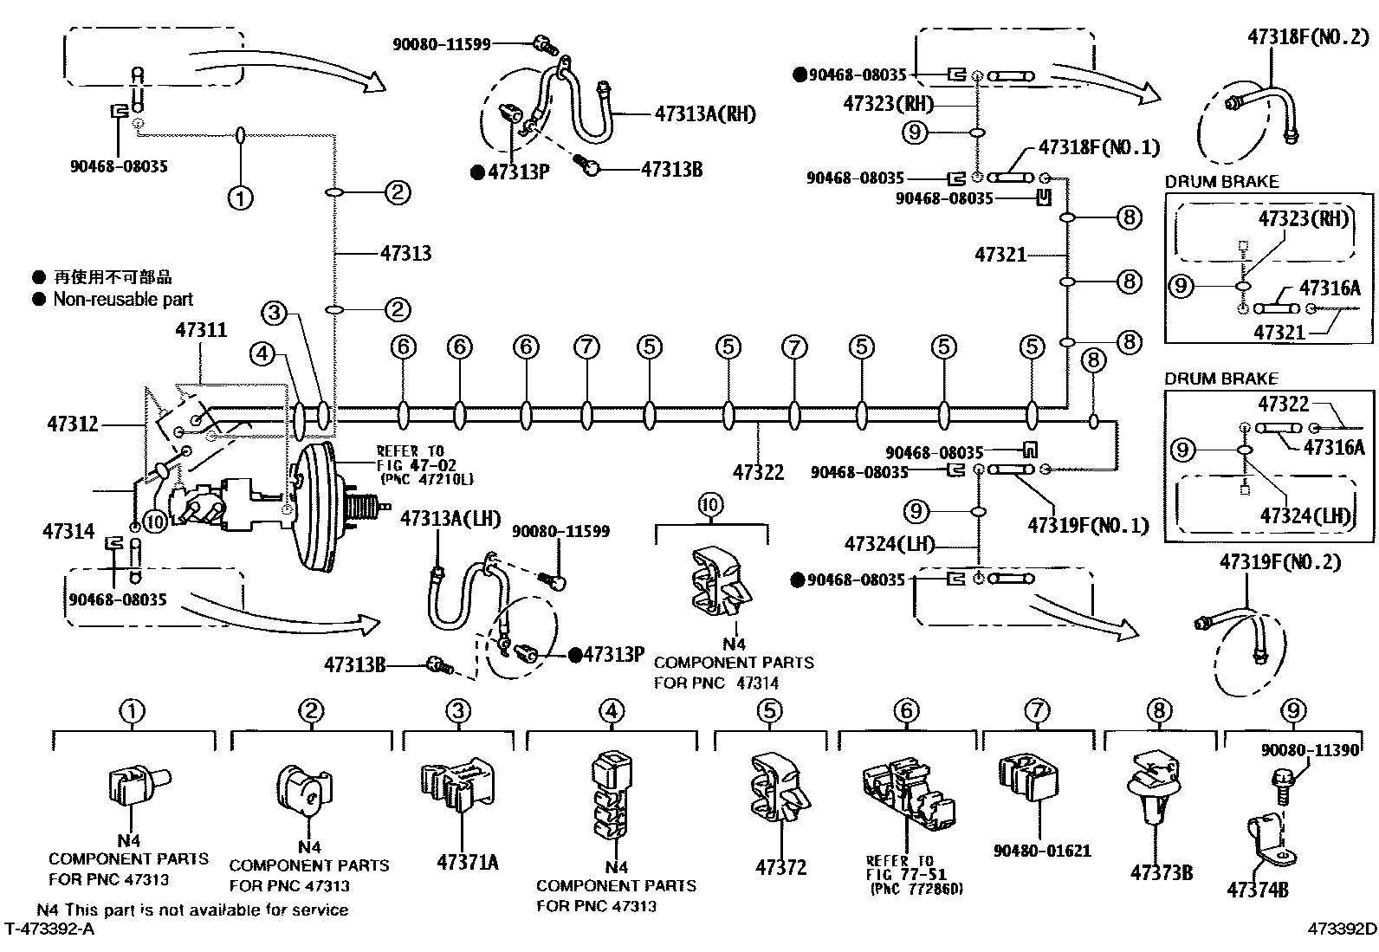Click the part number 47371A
468,862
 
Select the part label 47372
780,866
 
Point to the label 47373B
1161,872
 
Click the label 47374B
1257,890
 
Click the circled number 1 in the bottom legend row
132,711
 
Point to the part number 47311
201,330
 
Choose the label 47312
73,424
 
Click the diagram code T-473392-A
49,929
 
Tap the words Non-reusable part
123,300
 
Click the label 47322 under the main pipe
758,471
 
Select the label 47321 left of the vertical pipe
1000,255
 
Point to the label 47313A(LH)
450,519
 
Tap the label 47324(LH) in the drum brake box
1305,516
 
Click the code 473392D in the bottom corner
1342,929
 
